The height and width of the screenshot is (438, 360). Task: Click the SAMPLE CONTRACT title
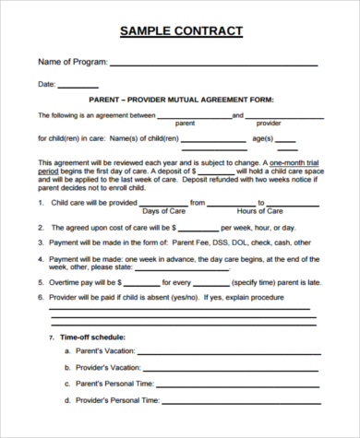(181, 31)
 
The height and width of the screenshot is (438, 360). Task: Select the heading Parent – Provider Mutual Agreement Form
(181, 99)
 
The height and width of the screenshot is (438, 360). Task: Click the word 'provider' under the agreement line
(269, 123)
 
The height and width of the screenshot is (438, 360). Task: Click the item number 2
(41, 227)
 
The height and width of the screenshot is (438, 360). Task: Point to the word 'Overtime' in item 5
(66, 282)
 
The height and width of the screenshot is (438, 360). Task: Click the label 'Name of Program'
(72, 63)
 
